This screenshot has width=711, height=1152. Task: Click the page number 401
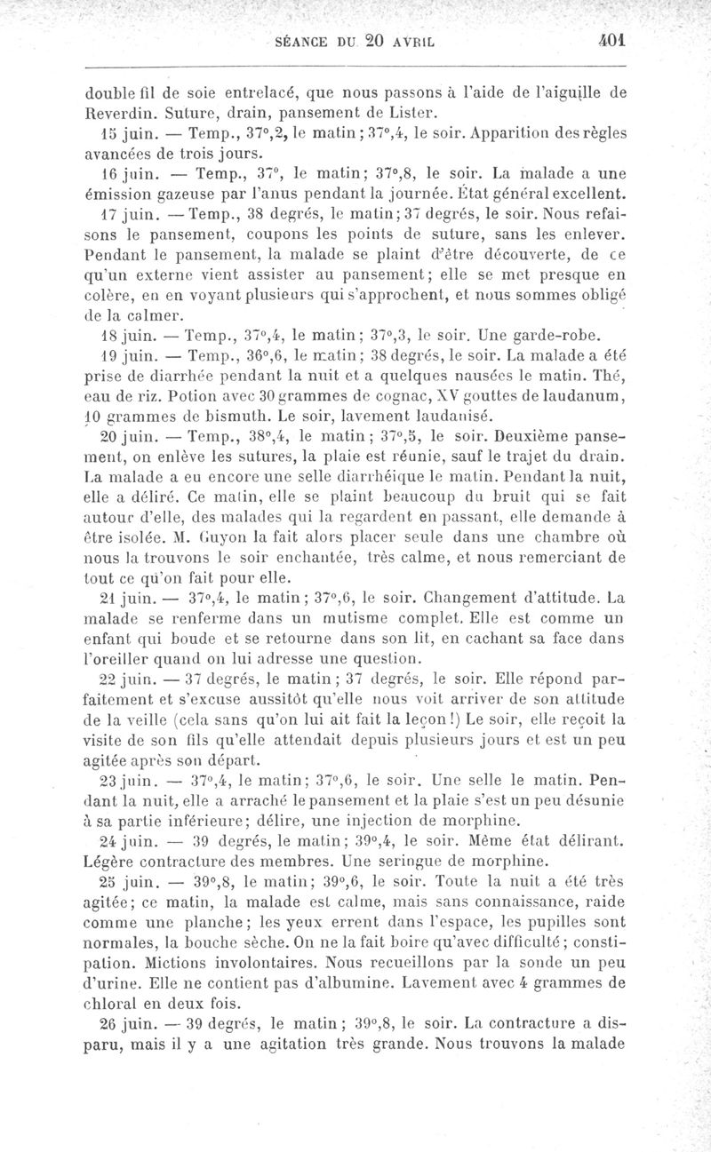click(x=612, y=41)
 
